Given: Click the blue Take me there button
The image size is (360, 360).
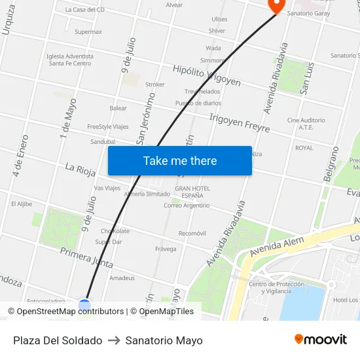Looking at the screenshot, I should point(179,160).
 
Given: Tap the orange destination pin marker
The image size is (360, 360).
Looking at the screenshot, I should point(276,5).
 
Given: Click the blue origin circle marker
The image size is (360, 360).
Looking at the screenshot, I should point(84,304).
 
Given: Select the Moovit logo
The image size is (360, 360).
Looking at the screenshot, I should point(320,340).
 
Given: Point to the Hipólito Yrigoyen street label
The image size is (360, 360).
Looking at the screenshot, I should point(206,76).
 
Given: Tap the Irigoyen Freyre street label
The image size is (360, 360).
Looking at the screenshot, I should point(239,122).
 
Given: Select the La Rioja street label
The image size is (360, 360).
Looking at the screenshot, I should point(80,170).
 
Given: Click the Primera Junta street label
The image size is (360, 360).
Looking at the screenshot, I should point(86,257).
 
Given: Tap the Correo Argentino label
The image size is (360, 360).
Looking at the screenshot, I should point(187,206).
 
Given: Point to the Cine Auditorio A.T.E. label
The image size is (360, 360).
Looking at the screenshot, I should point(306,124).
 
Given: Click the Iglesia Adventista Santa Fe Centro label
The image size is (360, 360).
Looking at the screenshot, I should point(70,60).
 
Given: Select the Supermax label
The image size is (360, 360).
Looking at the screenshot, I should point(88,31).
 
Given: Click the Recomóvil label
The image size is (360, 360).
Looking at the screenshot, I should point(192,233).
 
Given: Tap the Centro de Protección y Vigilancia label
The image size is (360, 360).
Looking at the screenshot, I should point(276,287).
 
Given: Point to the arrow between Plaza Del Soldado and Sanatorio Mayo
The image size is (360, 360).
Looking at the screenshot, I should point(113,340).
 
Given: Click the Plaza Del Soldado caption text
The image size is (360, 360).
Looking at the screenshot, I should point(58,340).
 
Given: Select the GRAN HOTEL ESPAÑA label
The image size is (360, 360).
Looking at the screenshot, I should point(192,192).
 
